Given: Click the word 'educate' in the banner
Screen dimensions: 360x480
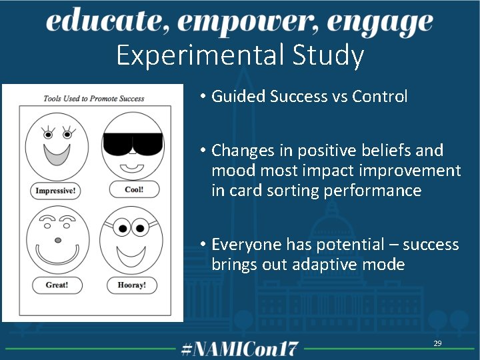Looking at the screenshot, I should [101, 22].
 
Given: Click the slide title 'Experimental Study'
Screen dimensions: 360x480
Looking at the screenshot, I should [239, 55].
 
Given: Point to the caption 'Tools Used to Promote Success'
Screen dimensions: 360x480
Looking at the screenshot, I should [93, 99].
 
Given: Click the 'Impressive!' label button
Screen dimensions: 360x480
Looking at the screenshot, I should [55, 191].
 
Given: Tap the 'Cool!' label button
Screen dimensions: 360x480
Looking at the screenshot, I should [134, 189].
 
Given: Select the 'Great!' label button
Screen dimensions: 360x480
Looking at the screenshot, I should [56, 285].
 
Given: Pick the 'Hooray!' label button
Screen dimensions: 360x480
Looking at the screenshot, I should [131, 285].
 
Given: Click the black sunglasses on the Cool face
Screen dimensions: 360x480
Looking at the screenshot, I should [132, 143].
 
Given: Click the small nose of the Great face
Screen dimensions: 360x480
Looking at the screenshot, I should [58, 239].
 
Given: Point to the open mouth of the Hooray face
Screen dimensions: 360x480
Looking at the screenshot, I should [131, 253].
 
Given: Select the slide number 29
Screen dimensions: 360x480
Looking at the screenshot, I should [437, 343].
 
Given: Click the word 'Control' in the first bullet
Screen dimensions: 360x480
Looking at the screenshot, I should [379, 96].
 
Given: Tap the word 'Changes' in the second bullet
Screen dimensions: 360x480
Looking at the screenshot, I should [242, 151].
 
